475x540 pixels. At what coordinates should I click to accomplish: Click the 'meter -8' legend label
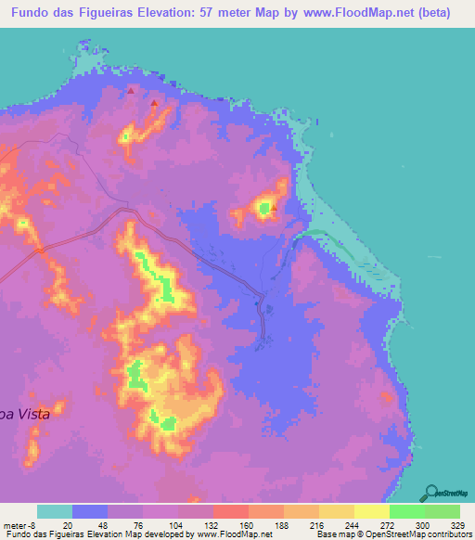[19, 524]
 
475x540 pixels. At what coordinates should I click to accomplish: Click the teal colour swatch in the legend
[54, 511]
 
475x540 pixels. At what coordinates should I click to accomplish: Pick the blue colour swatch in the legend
[89, 511]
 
